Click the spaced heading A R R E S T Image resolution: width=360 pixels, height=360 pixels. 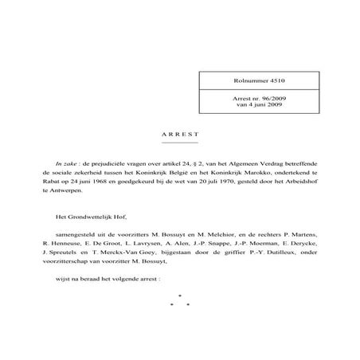pyautogui.click(x=179, y=135)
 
